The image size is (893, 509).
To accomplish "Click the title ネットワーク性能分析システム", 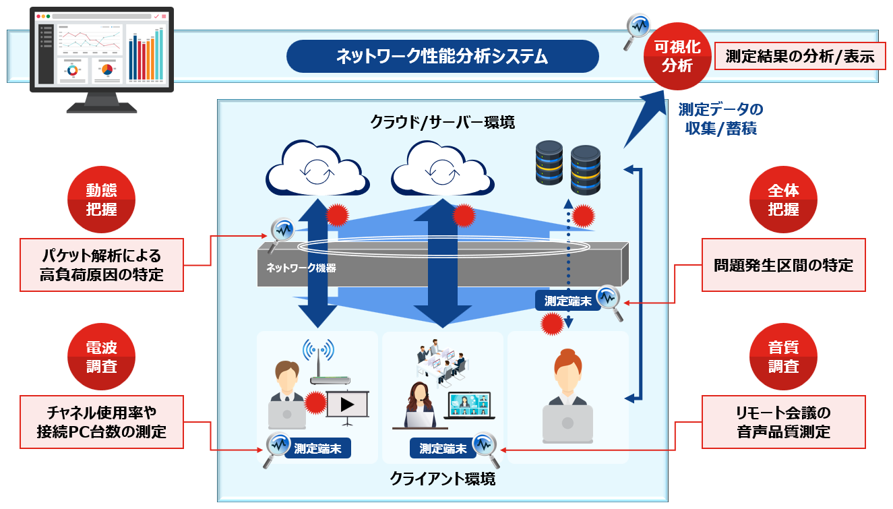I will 442,56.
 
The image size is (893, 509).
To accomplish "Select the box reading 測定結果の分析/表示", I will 799,57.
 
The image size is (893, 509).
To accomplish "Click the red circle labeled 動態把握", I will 101,200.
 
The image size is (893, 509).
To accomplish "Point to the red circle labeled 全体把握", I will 783,200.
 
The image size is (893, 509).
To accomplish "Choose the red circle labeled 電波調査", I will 101,357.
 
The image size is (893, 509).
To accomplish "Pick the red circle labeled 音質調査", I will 783,357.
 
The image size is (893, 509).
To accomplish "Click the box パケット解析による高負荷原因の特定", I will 102,264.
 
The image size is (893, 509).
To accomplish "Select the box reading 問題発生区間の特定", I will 783,265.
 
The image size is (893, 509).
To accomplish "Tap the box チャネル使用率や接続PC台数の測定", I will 102,422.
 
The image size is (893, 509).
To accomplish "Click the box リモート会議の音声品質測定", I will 783,422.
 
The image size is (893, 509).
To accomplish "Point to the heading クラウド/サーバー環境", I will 442,122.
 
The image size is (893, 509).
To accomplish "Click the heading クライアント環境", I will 442,479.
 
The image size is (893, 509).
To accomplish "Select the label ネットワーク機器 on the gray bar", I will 301,268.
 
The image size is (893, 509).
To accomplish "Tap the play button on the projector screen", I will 347,405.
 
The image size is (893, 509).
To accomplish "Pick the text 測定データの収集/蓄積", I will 720,119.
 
